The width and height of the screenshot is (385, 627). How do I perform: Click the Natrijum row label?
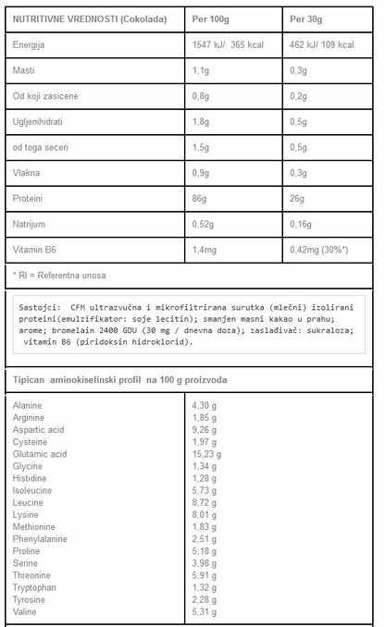[x=31, y=223]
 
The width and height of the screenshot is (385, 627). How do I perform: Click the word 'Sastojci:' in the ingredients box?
[x=40, y=307]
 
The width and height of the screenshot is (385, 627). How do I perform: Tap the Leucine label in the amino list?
[x=30, y=502]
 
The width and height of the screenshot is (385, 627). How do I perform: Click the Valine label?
[x=26, y=610]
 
